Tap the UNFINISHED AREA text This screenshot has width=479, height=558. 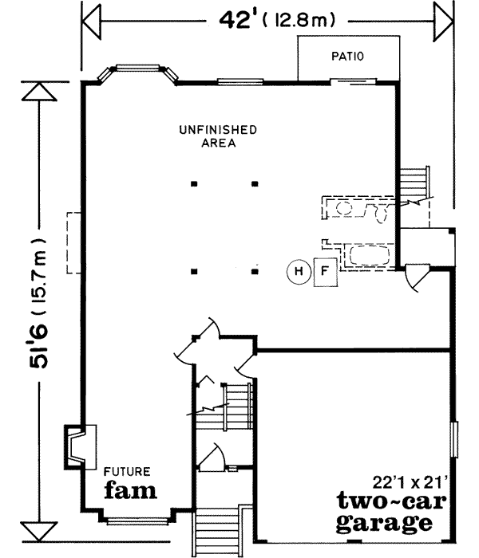point(217,136)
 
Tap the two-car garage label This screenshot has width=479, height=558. point(386,512)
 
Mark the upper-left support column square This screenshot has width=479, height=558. point(194,184)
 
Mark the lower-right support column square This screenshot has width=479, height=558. point(255,272)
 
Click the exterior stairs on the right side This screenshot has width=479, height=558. point(413,184)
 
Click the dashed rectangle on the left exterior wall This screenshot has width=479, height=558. point(73,243)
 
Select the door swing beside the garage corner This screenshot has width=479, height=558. point(417,278)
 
